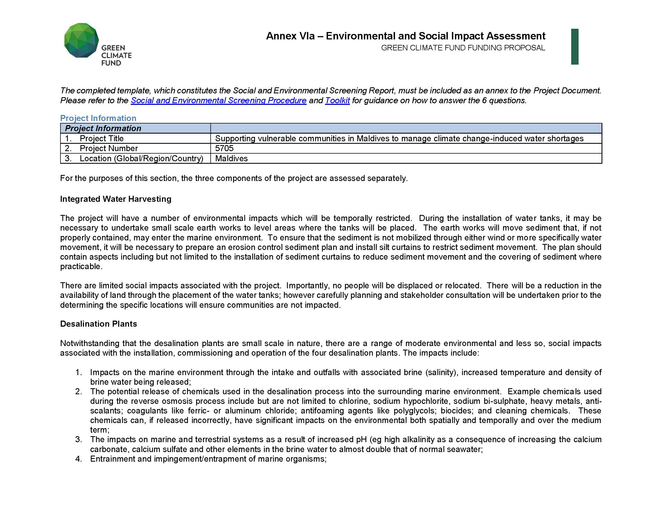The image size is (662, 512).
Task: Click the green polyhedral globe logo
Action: pyautogui.click(x=81, y=40)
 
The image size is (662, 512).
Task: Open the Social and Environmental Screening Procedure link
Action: pyautogui.click(x=219, y=100)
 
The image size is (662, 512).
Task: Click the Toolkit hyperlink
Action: pyautogui.click(x=337, y=100)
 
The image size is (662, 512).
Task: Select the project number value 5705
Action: pyautogui.click(x=224, y=148)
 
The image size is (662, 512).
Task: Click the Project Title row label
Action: pyautogui.click(x=101, y=138)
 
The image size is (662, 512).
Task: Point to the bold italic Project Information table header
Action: pyautogui.click(x=103, y=128)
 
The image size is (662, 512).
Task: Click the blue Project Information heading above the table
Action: pyautogui.click(x=98, y=118)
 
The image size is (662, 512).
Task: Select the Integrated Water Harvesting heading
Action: pyautogui.click(x=115, y=199)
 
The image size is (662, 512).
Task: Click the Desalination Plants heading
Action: pyautogui.click(x=98, y=324)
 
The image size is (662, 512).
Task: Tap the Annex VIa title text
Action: pyautogui.click(x=406, y=36)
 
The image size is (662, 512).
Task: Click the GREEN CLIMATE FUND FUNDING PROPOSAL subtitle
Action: pyautogui.click(x=463, y=48)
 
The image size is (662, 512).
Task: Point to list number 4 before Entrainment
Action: pyautogui.click(x=79, y=459)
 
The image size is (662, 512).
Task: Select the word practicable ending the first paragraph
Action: pyautogui.click(x=80, y=266)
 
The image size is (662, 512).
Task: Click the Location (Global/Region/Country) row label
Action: pyautogui.click(x=141, y=158)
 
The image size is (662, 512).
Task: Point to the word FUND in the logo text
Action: pyautogui.click(x=111, y=63)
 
